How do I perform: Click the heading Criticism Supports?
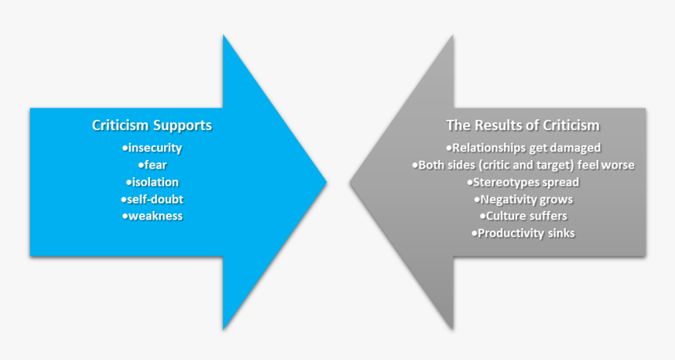[x=151, y=125]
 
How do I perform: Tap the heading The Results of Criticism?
[x=523, y=125]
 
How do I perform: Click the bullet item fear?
[x=154, y=165]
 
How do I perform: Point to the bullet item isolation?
[x=153, y=182]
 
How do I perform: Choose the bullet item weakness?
[x=153, y=216]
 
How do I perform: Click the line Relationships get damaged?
[x=525, y=147]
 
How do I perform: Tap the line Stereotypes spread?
[x=525, y=182]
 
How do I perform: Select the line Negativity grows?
[x=525, y=199]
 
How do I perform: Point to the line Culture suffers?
[x=525, y=216]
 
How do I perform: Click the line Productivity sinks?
[x=525, y=233]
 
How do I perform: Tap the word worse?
[x=618, y=165]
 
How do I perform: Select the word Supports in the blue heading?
[x=182, y=125]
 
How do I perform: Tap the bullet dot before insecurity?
[x=125, y=147]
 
